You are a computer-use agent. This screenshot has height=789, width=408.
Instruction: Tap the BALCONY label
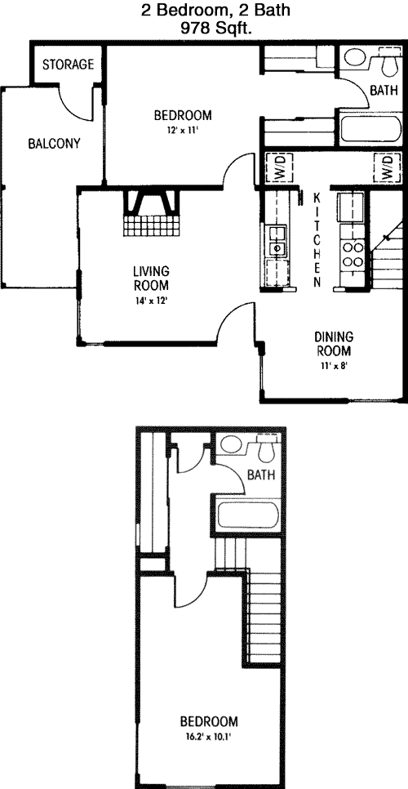point(54,144)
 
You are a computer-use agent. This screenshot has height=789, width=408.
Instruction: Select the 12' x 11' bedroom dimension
point(183,129)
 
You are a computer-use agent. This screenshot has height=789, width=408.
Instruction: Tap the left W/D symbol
point(277,168)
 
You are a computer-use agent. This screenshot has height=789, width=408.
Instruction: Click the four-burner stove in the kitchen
point(353,255)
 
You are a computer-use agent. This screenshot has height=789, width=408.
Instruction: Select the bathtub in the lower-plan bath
point(247,515)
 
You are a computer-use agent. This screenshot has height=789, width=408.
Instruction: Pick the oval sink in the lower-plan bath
point(232,444)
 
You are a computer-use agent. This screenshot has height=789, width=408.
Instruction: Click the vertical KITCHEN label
point(317,239)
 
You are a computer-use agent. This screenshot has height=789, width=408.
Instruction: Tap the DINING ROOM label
point(334,343)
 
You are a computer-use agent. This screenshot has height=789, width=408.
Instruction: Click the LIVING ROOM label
point(151,279)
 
